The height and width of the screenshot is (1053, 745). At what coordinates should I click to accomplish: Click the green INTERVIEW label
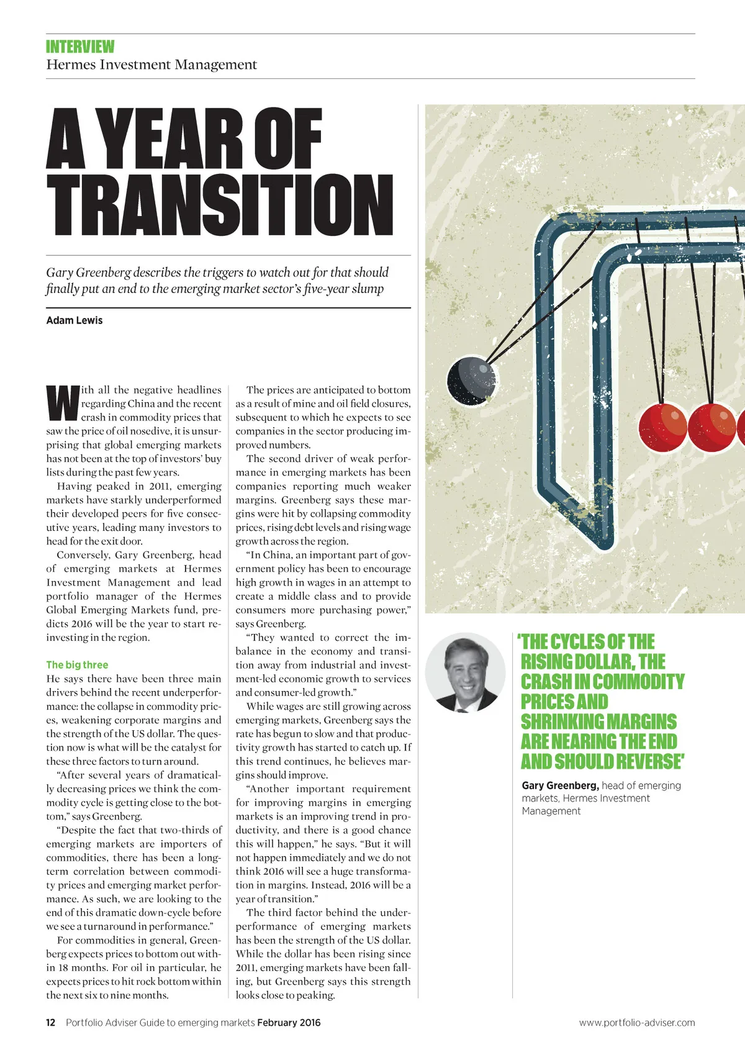pos(80,47)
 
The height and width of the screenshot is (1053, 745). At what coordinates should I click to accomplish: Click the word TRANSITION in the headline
pos(220,205)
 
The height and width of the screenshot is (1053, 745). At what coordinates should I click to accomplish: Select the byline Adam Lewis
pos(74,320)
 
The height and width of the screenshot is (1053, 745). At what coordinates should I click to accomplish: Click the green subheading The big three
pos(77,664)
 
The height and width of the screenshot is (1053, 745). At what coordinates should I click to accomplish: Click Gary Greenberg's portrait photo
pos(465,673)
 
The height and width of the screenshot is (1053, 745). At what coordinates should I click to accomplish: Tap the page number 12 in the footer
pos(51,1023)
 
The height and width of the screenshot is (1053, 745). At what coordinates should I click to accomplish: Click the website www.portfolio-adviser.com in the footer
pos(637,1023)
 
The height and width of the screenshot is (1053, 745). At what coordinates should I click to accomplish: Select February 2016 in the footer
pos(289,1023)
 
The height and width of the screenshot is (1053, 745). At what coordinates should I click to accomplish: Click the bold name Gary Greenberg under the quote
pos(560,785)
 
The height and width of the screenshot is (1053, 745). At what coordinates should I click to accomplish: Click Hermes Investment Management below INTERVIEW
pos(151,65)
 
